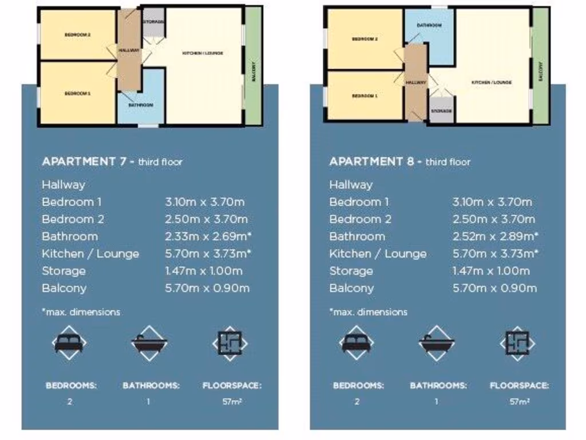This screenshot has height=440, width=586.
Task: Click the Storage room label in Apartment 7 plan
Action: pos(153,22)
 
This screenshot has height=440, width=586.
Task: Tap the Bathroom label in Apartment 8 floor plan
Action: pos(429,26)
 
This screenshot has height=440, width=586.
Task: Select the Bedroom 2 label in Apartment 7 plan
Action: pos(77,35)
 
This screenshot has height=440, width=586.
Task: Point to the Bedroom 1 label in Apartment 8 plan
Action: pos(365,96)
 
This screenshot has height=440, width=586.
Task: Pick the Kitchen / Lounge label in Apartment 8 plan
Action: pos(492,82)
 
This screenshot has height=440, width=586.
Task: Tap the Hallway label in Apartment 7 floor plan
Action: pos(129,50)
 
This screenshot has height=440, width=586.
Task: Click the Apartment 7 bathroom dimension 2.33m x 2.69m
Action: pos(208,236)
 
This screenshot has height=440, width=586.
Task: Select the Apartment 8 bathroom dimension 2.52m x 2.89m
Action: pos(496,236)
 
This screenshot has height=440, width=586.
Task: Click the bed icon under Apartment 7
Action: pos(69,343)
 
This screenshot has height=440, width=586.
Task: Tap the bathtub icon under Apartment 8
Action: pos(437,343)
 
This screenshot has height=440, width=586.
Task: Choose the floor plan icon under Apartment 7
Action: pos(230,343)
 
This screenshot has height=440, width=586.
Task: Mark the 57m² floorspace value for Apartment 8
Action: pos(518,402)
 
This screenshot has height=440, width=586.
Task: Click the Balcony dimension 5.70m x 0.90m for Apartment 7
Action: pos(207,288)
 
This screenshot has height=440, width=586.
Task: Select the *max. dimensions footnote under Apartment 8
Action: pos(369,312)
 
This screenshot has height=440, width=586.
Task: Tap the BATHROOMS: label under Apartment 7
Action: pos(151,386)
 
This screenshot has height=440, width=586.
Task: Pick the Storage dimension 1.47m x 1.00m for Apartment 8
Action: pos(490,271)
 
